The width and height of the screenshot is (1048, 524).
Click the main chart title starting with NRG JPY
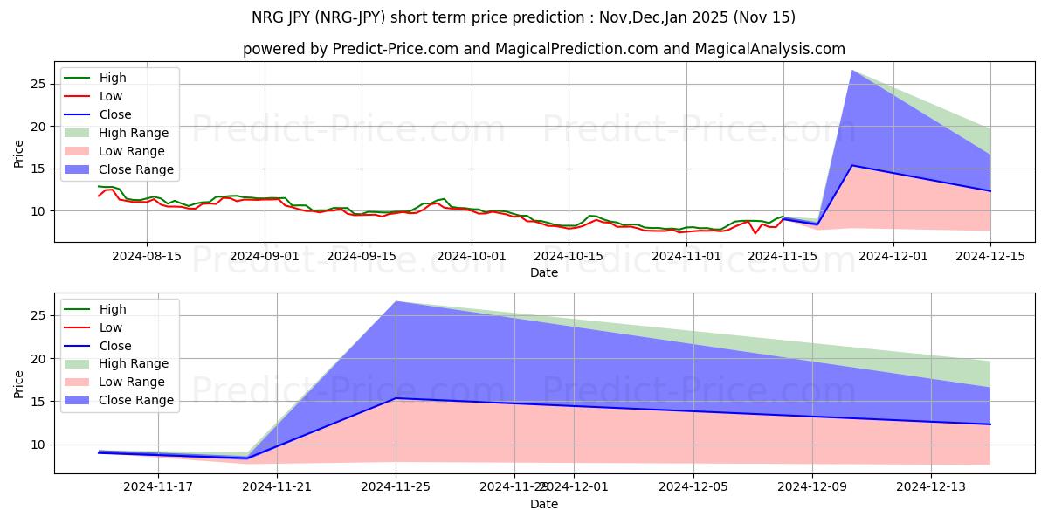[x=523, y=17]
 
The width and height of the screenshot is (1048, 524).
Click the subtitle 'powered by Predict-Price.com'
[x=543, y=50]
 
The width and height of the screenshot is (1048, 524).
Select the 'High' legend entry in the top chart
[x=113, y=78]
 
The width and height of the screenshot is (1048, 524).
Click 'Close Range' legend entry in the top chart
[x=135, y=169]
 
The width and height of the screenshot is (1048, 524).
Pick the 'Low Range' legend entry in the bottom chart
[x=133, y=382]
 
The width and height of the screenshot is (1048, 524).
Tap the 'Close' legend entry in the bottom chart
[x=115, y=346]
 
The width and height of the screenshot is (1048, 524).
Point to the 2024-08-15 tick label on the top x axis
[x=146, y=256]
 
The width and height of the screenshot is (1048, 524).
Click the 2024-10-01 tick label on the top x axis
[x=472, y=256]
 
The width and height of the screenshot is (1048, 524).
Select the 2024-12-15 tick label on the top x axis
[x=990, y=256]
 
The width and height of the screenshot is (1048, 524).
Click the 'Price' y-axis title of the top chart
[x=19, y=154]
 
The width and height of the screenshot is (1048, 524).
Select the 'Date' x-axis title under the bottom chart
[x=543, y=504]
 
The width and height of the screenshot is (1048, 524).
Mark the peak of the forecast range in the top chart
[x=852, y=70]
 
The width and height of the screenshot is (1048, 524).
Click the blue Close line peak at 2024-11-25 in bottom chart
[x=396, y=398]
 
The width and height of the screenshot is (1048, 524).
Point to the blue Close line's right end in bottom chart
[x=990, y=424]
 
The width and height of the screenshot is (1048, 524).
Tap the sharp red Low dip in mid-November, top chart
[x=755, y=233]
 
